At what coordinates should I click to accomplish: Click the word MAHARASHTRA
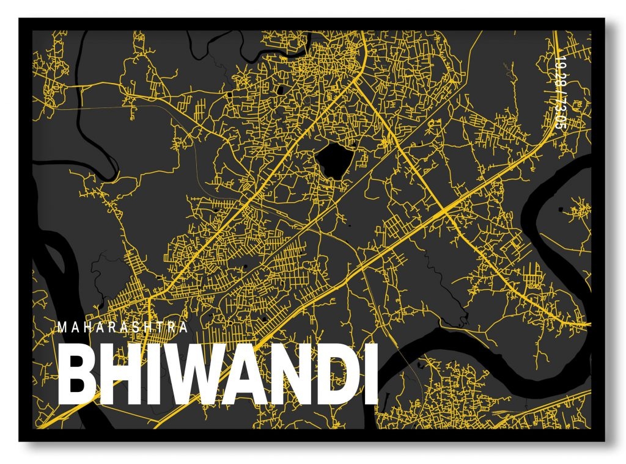(123, 327)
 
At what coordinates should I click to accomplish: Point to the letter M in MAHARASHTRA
(62, 327)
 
